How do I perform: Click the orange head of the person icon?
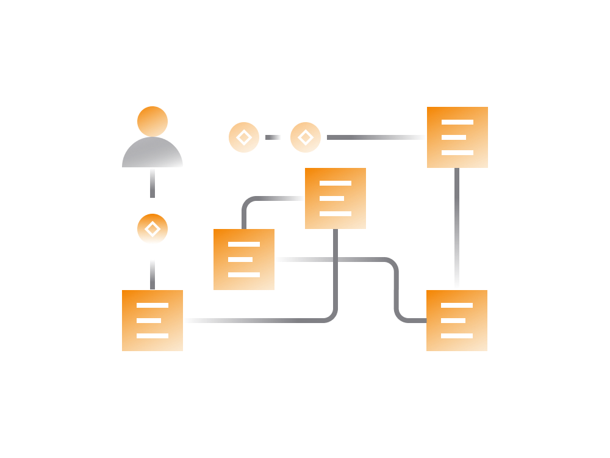152,121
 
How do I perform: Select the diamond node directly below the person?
152,229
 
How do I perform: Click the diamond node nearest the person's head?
244,137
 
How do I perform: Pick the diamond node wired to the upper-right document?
306,137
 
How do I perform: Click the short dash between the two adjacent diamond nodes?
273,137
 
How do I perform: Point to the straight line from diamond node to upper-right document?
375,137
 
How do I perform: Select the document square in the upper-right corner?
457,137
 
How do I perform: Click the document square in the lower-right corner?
457,321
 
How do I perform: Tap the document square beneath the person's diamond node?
152,321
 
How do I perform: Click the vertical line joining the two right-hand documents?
457,229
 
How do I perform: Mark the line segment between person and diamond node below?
152,183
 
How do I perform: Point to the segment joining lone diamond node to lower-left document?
152,274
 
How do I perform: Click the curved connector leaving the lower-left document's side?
256,320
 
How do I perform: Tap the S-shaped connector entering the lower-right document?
396,287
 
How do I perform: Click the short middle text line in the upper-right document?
454,137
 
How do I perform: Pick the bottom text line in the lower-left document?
152,336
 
